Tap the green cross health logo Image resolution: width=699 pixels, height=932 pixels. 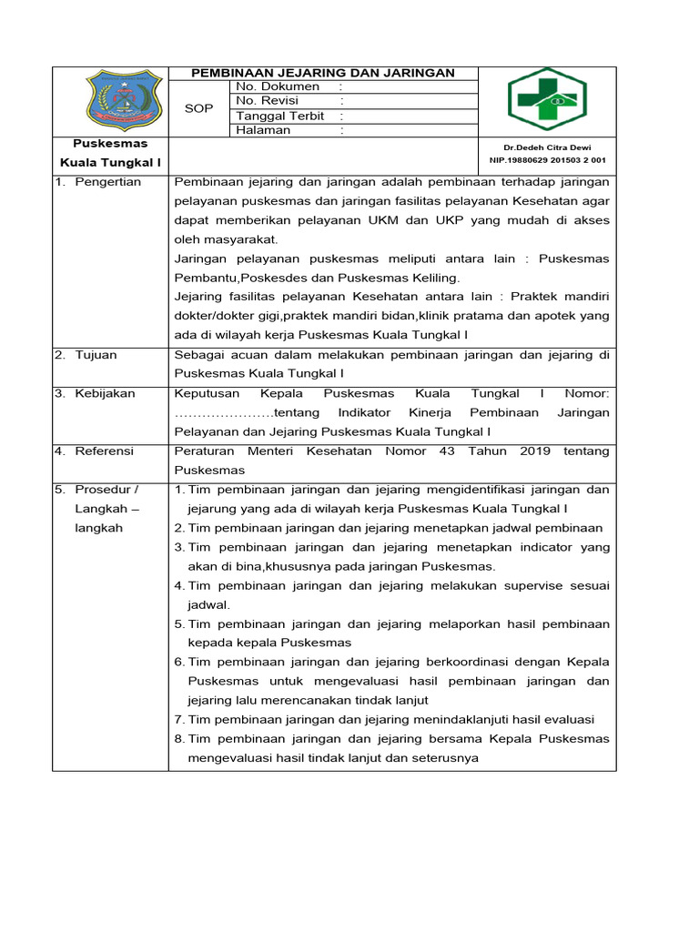click(x=546, y=99)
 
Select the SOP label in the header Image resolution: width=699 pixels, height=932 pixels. click(x=198, y=108)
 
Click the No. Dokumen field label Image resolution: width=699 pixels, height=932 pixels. click(x=278, y=86)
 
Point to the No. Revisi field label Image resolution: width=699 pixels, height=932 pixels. click(x=267, y=101)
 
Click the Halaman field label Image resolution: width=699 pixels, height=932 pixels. click(x=263, y=130)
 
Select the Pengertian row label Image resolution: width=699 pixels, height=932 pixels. click(x=108, y=182)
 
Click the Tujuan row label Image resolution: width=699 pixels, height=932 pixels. click(x=96, y=355)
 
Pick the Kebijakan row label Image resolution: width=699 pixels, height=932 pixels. click(x=105, y=393)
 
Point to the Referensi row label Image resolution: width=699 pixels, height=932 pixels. click(x=104, y=451)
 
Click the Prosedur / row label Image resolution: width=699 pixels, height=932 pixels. click(x=106, y=490)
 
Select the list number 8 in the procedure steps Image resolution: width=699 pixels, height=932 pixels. click(x=178, y=738)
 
